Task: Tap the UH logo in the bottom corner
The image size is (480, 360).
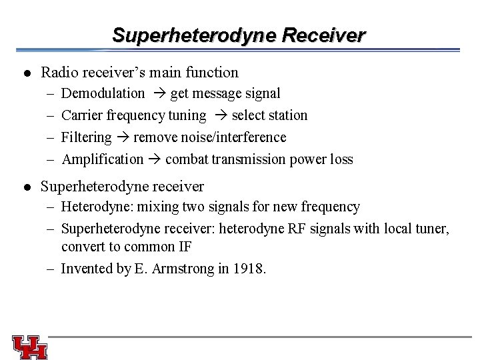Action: tap(29, 346)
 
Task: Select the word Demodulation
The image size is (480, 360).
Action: tap(103, 93)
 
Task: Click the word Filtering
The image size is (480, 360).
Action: tap(87, 137)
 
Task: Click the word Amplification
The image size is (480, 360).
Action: tap(102, 159)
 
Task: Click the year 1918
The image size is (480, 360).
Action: tap(251, 269)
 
